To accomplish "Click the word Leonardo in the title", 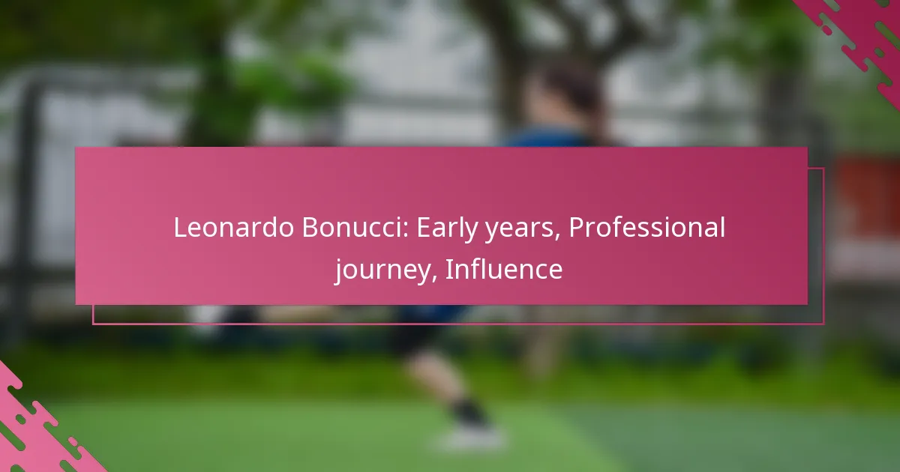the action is pyautogui.click(x=233, y=228).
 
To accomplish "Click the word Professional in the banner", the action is pyautogui.click(x=646, y=228).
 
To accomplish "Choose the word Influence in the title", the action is pyautogui.click(x=504, y=269).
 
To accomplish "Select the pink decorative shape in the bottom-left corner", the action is pyautogui.click(x=36, y=426).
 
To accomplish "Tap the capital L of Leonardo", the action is pyautogui.click(x=181, y=228).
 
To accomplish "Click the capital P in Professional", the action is pyautogui.click(x=577, y=228).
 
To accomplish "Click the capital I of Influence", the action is pyautogui.click(x=448, y=270).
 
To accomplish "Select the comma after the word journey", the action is pyautogui.click(x=434, y=278).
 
